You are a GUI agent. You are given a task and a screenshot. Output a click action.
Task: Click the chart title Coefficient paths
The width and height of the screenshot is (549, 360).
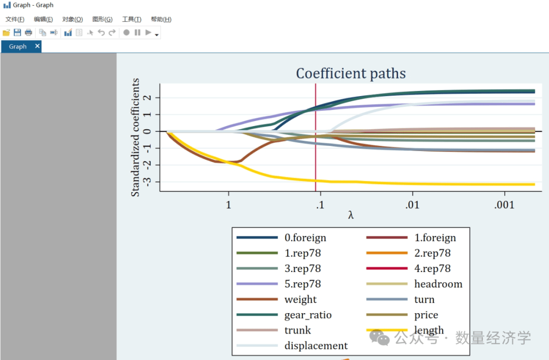point(351,74)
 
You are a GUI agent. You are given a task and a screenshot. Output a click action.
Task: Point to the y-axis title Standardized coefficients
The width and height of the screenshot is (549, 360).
point(135,137)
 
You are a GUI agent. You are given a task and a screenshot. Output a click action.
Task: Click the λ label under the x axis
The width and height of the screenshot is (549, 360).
point(351,215)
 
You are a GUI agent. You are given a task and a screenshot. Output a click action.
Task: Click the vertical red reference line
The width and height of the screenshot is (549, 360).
point(316,153)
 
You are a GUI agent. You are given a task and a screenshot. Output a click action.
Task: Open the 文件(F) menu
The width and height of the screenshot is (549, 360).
point(15,19)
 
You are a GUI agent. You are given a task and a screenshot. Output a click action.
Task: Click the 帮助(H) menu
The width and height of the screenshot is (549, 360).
point(161,19)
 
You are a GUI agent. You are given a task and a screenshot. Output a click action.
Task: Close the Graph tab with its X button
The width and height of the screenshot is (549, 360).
point(37,46)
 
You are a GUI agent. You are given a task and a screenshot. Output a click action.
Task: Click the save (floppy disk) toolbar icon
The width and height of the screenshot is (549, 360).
point(17,33)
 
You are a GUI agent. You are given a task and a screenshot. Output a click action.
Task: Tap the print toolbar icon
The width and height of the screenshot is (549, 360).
point(28,33)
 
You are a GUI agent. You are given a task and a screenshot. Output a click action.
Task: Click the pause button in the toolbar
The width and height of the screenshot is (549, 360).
point(137,33)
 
